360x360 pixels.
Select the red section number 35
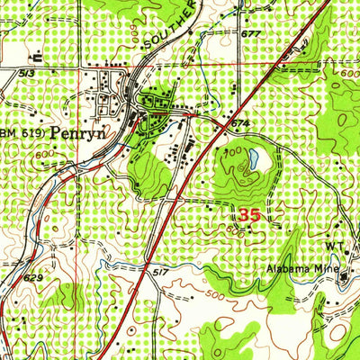(x=253, y=215)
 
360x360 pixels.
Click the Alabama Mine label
(x=301, y=267)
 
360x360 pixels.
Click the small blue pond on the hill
(x=256, y=160)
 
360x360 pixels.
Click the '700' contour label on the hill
(x=232, y=156)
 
